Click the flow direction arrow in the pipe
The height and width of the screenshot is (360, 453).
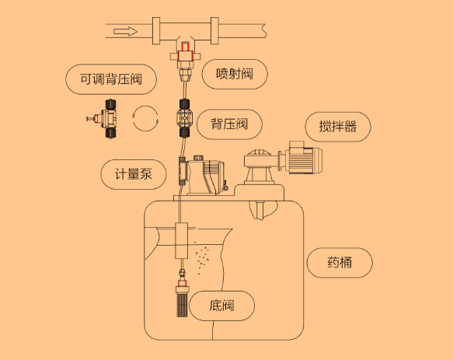pos(125,31)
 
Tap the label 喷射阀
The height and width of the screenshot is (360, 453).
pos(235,74)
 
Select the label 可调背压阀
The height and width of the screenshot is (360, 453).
pos(111,79)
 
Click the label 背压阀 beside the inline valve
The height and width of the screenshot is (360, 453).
pos(229,124)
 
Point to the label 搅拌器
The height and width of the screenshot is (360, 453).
pos(338,127)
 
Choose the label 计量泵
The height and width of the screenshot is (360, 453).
pos(134,174)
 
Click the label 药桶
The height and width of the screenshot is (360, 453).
pos(340,263)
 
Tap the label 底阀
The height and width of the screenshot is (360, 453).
pos(221,306)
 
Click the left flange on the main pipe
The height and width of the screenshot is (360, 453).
pos(156,30)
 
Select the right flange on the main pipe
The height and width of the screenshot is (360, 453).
pos(214,30)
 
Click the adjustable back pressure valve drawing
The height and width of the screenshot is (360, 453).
pos(103,118)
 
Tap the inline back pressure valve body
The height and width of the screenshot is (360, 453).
pos(184,118)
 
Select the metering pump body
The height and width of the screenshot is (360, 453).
pos(204,176)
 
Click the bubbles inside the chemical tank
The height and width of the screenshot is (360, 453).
pos(202,260)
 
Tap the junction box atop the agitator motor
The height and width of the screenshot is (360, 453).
pos(297,145)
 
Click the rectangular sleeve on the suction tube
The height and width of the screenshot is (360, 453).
pos(181,240)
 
